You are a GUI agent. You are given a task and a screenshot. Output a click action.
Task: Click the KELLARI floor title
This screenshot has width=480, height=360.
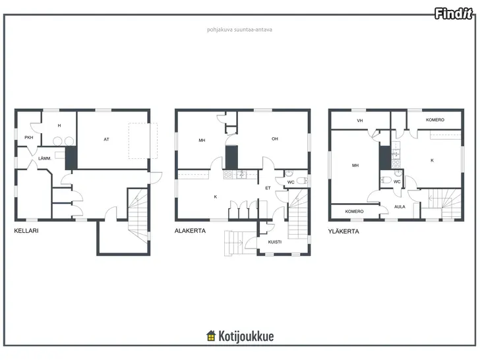tap(26, 231)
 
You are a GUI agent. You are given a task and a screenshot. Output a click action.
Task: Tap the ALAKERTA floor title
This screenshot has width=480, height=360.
tap(190, 231)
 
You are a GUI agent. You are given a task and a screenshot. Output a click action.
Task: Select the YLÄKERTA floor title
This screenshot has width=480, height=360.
tap(344, 231)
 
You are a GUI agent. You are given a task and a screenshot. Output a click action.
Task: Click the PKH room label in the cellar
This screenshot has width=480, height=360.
tap(29, 137)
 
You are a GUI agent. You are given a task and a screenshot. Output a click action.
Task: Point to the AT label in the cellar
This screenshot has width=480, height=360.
tap(106, 139)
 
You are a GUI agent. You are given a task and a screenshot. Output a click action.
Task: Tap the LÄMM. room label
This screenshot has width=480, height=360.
tap(45, 158)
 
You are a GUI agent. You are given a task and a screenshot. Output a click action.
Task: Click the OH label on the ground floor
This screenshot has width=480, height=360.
tap(275, 138)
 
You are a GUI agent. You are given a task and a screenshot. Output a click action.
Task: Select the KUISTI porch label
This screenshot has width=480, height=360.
tap(274, 242)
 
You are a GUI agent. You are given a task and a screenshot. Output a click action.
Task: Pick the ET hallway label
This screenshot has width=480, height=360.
tap(268, 188)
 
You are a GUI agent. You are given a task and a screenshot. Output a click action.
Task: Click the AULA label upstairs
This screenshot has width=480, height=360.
tap(400, 206)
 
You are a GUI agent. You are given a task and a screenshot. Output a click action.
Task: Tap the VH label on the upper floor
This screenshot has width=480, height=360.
tap(360, 121)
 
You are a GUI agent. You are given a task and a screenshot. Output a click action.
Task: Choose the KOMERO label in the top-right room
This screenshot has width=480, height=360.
tap(435, 120)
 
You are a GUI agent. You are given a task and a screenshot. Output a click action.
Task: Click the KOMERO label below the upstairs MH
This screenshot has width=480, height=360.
tap(354, 211)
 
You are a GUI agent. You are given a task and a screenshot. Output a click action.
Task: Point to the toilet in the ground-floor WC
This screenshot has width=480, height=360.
tap(302, 181)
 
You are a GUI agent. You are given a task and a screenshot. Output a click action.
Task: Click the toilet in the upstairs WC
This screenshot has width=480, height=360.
tap(386, 180)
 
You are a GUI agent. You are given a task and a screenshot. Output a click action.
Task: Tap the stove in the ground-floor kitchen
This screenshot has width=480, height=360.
tap(228, 175)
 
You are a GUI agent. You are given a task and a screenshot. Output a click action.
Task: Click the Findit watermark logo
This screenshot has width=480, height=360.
tap(454, 14)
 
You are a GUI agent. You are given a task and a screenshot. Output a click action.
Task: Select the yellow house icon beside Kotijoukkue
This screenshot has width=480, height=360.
tap(211, 336)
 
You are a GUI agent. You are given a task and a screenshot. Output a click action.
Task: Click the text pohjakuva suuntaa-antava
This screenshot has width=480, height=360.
tap(239, 30)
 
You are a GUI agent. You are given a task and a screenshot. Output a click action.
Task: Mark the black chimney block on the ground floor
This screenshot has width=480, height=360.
tap(231, 158)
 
